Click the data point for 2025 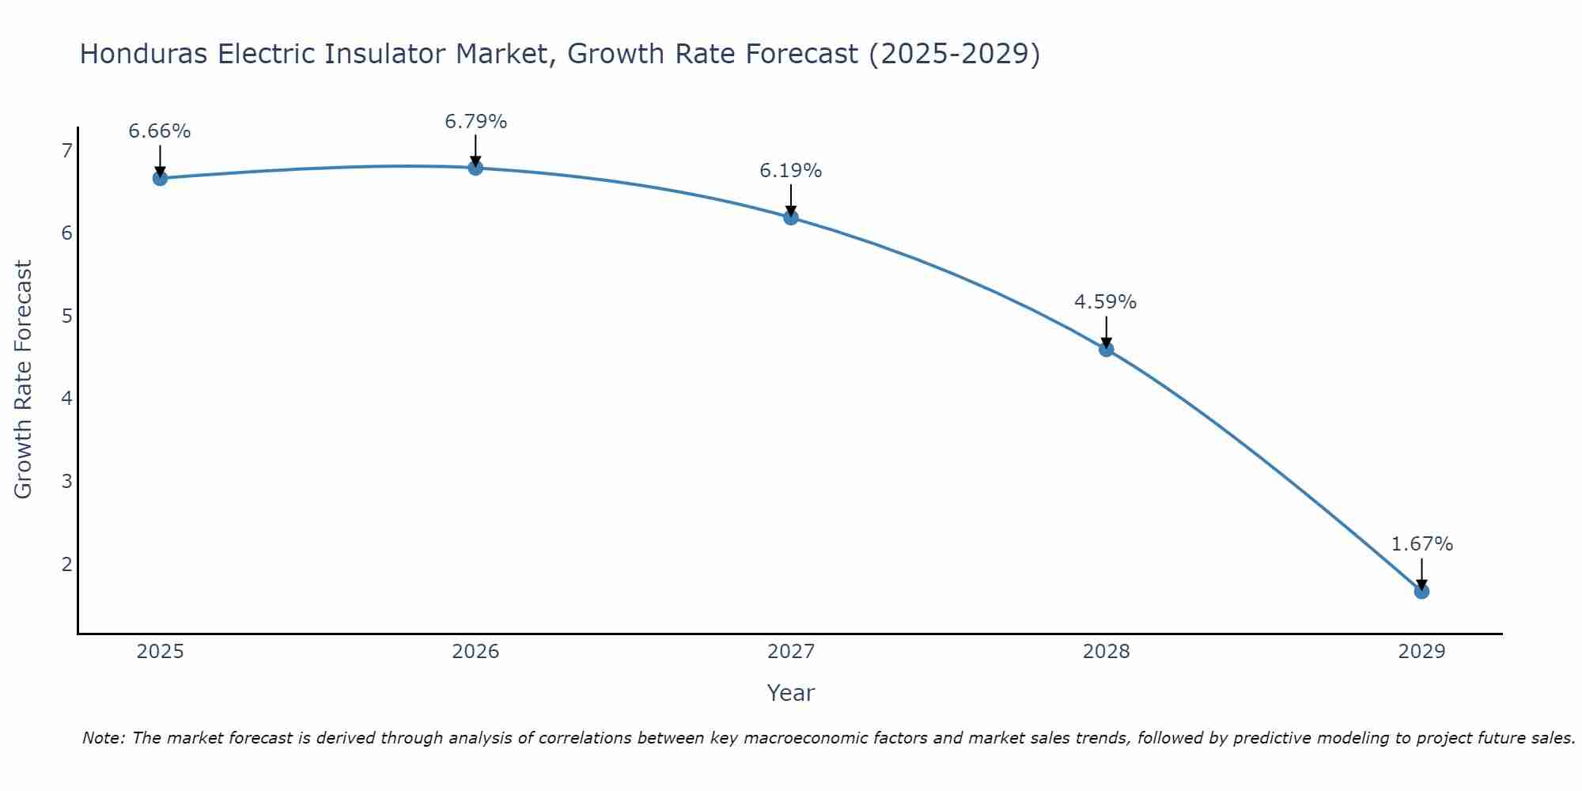click(160, 178)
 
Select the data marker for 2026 click(475, 168)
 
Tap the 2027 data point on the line click(791, 218)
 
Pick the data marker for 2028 click(1106, 349)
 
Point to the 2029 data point click(1421, 591)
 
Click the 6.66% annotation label click(160, 131)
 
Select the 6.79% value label click(475, 122)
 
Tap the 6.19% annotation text click(791, 171)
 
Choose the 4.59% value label click(1105, 302)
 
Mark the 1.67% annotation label click(1421, 544)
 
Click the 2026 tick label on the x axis click(475, 652)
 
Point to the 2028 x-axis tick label click(1106, 652)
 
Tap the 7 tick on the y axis click(66, 150)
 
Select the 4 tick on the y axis click(66, 398)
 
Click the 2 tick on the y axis click(66, 564)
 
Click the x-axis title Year click(791, 693)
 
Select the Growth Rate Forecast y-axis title click(24, 380)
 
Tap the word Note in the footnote click(103, 738)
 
